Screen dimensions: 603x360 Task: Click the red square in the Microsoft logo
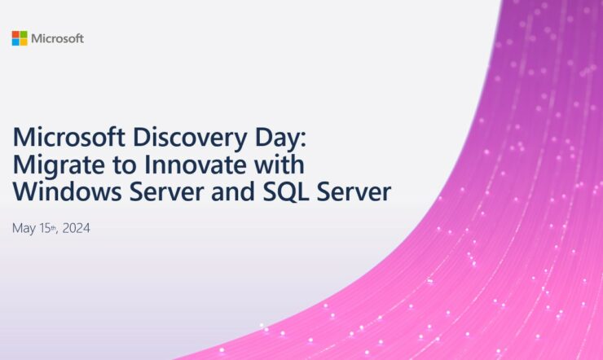[15, 34]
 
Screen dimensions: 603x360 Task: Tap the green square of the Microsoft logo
[24, 34]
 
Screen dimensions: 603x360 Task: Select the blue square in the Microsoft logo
[15, 42]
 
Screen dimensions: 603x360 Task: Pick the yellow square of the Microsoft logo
[24, 42]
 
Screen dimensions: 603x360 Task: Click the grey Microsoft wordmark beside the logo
[57, 38]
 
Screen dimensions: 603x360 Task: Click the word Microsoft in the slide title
[69, 137]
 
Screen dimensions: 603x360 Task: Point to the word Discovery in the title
[190, 138]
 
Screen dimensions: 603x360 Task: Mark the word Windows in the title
[68, 191]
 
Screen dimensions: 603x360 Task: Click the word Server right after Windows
[166, 191]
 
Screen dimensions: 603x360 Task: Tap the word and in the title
[233, 191]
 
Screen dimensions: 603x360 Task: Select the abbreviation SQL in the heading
[286, 192]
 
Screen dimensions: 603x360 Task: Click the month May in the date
[24, 229]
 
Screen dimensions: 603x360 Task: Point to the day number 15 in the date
[45, 228]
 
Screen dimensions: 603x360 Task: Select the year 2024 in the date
[76, 228]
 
